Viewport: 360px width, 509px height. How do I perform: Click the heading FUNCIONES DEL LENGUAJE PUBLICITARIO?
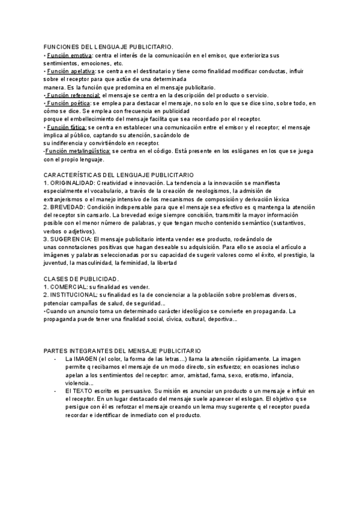pyautogui.click(x=109, y=47)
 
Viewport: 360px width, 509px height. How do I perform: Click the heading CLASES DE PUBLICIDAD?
pyautogui.click(x=82, y=279)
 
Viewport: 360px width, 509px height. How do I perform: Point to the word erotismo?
pyautogui.click(x=254, y=375)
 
